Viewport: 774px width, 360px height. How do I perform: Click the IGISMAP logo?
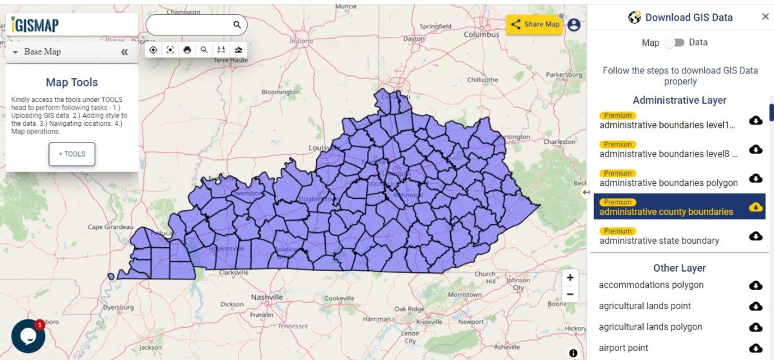[35, 25]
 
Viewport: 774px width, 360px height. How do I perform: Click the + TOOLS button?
[72, 154]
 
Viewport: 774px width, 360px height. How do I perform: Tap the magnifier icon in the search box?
[237, 25]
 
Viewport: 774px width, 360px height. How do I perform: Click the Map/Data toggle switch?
[674, 43]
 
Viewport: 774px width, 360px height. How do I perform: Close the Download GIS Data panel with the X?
[765, 17]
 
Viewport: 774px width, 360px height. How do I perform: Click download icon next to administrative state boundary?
[755, 236]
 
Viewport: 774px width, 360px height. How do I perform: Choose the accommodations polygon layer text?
[651, 285]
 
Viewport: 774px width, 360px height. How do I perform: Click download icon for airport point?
[755, 348]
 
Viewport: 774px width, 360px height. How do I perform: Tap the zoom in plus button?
[570, 278]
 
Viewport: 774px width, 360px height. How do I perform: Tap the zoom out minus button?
[570, 295]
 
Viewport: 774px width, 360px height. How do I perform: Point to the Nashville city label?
[267, 297]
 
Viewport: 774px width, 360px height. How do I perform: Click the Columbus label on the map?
[481, 35]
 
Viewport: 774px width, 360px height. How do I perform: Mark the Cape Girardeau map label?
[110, 227]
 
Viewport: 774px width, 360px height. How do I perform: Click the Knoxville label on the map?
[429, 321]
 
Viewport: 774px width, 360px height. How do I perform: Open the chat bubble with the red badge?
[28, 335]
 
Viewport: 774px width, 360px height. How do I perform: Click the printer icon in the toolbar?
[187, 50]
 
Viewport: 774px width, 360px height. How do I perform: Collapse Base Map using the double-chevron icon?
[124, 52]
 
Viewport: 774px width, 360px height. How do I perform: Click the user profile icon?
[574, 25]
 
